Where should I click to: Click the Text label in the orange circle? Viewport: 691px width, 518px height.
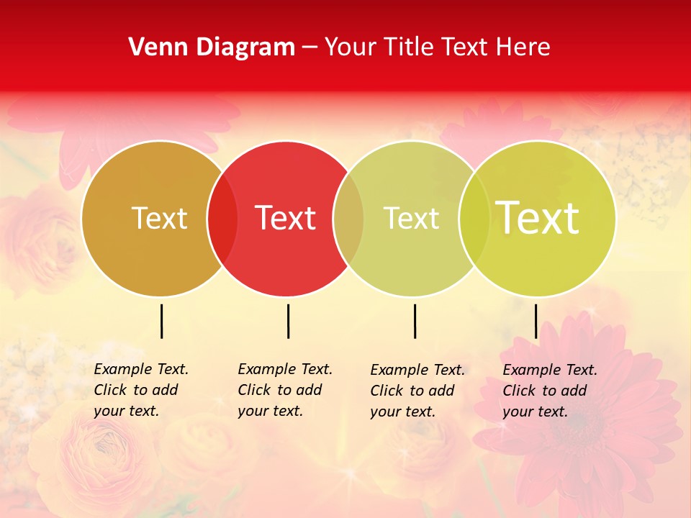coord(159,218)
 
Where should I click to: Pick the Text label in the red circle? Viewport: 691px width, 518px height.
coord(286,218)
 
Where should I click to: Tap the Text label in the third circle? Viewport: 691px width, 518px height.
coord(411,218)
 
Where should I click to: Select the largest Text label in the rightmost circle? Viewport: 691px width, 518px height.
coord(538,218)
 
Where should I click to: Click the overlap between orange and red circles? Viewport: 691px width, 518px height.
coord(222,218)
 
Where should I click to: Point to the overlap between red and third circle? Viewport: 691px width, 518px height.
coord(348,218)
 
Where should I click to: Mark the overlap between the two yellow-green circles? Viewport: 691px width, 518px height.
coord(474,218)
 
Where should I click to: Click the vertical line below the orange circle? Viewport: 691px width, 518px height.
coord(161,321)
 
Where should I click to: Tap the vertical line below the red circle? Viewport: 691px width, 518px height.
coord(288,321)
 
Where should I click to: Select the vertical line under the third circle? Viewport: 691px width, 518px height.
coord(415,321)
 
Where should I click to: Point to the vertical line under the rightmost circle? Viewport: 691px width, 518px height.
coord(536,321)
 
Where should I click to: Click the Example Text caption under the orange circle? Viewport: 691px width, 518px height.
coord(141,390)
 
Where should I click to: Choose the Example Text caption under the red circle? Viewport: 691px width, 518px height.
coord(285,390)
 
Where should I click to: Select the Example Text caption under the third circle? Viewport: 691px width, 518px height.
coord(417,391)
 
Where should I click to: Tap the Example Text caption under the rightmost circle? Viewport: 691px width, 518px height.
coord(550,391)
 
